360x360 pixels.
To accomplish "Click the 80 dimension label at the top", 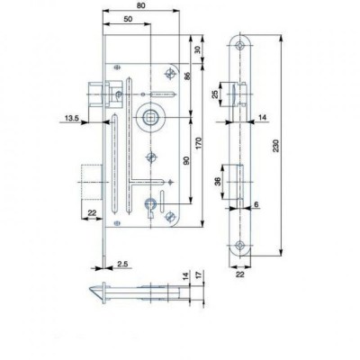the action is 141,5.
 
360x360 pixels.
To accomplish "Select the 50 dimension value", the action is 128,19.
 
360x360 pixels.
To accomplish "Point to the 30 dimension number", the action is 197,49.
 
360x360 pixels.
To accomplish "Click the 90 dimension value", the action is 186,160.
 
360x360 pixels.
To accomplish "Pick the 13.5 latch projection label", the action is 72,118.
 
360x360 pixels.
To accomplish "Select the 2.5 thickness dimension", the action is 122,264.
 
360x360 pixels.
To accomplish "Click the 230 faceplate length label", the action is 276,146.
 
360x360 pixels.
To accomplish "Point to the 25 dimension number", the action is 215,94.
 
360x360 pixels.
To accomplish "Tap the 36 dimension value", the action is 218,182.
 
